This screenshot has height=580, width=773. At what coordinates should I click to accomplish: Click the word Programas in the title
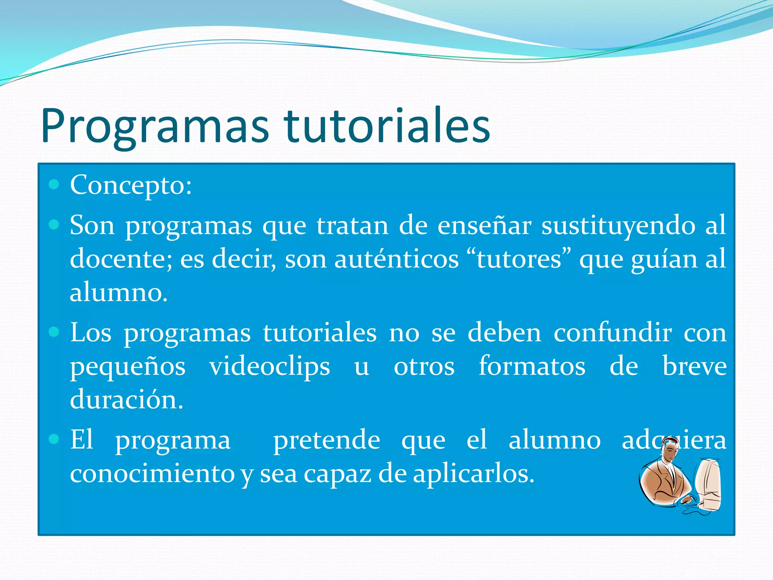(x=155, y=126)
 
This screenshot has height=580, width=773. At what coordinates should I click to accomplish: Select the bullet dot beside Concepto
(x=54, y=184)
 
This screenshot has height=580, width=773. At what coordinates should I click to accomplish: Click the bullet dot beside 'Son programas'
(x=54, y=225)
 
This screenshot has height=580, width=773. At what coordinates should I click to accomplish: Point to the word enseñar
(x=484, y=225)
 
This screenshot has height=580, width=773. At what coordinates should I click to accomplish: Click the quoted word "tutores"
(x=519, y=259)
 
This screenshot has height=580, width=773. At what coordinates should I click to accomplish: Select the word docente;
(x=121, y=259)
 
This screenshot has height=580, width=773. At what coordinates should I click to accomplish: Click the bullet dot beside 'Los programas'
(x=54, y=332)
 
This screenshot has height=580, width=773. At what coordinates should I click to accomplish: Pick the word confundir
(x=613, y=333)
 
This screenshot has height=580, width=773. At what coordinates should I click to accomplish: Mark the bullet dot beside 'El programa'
(x=54, y=439)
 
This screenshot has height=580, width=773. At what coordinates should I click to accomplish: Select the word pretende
(x=326, y=441)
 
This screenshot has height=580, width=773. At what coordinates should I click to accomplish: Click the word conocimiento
(x=152, y=474)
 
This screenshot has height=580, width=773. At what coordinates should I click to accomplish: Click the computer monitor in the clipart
(x=708, y=485)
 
